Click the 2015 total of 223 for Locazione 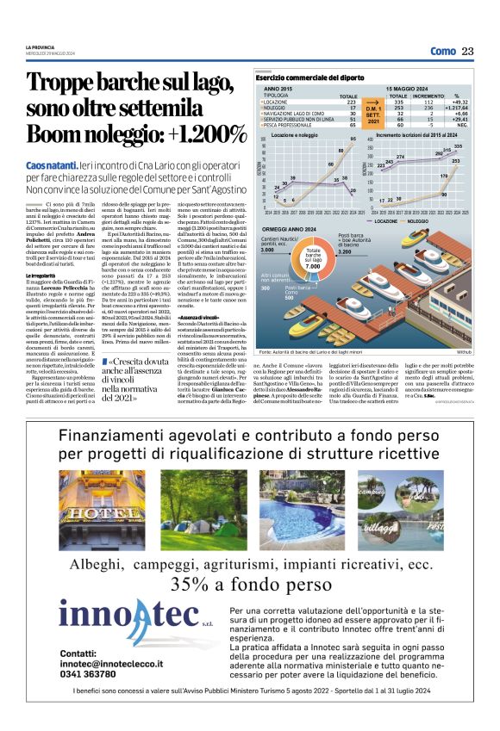click(x=351, y=102)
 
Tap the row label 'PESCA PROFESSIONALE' click(x=290, y=126)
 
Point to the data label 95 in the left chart click(x=353, y=139)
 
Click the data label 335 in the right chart click(x=457, y=146)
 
